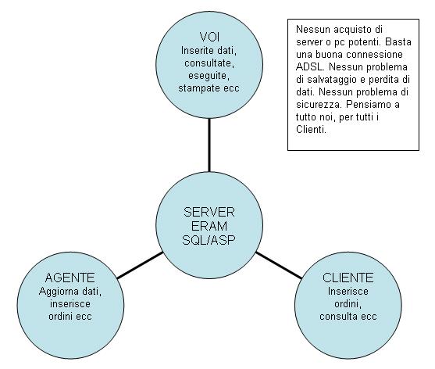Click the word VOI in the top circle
click(x=209, y=37)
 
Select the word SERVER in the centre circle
click(x=209, y=212)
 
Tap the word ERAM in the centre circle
click(x=209, y=226)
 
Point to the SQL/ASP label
click(x=209, y=240)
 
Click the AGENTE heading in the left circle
click(x=70, y=278)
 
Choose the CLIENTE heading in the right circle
click(x=348, y=278)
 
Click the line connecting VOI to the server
click(x=209, y=145)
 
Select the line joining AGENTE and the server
click(x=140, y=265)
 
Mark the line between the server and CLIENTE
click(x=279, y=265)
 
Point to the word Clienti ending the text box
click(x=311, y=130)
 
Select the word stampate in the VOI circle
click(x=195, y=88)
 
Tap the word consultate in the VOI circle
click(x=209, y=63)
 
